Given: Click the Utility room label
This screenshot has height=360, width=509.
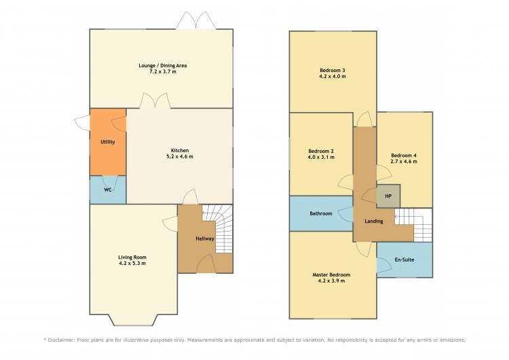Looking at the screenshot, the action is (x=108, y=142).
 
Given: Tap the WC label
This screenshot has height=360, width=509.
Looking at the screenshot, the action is (x=108, y=190).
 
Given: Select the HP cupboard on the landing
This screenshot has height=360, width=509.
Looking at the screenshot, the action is (x=388, y=196).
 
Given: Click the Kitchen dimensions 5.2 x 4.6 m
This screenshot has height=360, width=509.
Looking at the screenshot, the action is (x=180, y=156).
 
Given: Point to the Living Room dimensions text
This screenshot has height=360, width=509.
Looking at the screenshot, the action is (x=132, y=263).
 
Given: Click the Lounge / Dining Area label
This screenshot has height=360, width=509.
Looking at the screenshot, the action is (x=163, y=65).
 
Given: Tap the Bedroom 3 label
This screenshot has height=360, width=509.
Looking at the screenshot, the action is (x=333, y=70).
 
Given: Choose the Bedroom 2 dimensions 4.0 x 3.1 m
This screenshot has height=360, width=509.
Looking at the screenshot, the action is (x=321, y=157).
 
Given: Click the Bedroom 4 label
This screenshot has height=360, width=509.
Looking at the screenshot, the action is (x=404, y=156).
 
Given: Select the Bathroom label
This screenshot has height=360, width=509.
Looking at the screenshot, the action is (x=321, y=213).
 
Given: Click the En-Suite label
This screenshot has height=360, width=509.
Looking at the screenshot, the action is (x=404, y=259).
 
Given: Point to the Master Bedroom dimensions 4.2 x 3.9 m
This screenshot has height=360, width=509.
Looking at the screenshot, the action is (x=331, y=281).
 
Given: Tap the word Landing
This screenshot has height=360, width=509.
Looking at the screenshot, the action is (x=374, y=221).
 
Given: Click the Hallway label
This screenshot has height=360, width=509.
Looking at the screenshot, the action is (x=205, y=239).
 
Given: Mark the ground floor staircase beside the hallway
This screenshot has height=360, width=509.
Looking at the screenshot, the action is (x=221, y=228).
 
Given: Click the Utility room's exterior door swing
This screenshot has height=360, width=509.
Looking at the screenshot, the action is (x=82, y=123).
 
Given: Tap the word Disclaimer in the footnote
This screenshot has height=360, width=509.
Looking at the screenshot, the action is (x=60, y=340).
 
